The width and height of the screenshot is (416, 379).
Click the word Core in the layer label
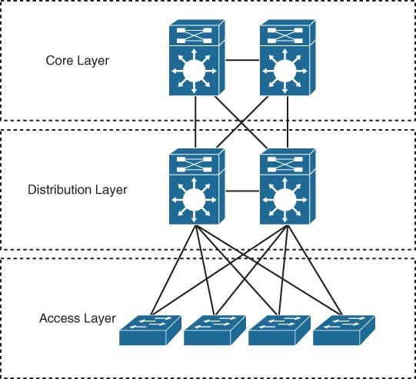coord(58,61)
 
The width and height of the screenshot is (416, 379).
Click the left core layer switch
coord(197,58)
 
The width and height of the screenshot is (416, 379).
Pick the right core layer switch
coord(288,58)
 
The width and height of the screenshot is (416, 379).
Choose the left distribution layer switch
coord(197,186)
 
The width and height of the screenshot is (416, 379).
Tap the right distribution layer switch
coord(288,186)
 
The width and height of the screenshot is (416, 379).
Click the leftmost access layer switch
coord(150,330)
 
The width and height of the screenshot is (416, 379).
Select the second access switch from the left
coord(215,330)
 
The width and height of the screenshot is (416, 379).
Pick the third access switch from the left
coord(279,330)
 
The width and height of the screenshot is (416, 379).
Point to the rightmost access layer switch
coord(344,330)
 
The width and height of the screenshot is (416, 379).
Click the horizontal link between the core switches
coord(242,60)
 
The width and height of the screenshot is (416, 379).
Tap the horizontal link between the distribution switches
coord(242,191)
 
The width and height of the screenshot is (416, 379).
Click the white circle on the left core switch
coord(195,71)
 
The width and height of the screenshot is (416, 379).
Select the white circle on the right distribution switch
coord(285,200)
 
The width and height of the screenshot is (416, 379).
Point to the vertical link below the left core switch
coord(195,121)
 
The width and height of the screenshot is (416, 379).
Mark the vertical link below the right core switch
coord(288,121)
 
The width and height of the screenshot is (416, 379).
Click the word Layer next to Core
coord(92,61)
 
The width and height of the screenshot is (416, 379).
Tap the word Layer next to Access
coord(98,319)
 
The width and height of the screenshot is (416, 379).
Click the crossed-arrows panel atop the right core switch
coord(285,35)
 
